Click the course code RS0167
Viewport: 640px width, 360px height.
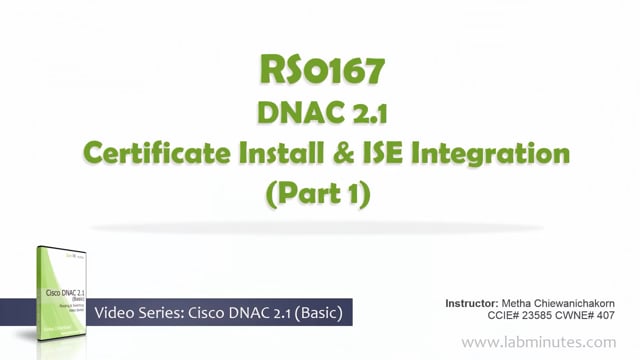click(320, 72)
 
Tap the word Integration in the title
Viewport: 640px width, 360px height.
click(492, 154)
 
